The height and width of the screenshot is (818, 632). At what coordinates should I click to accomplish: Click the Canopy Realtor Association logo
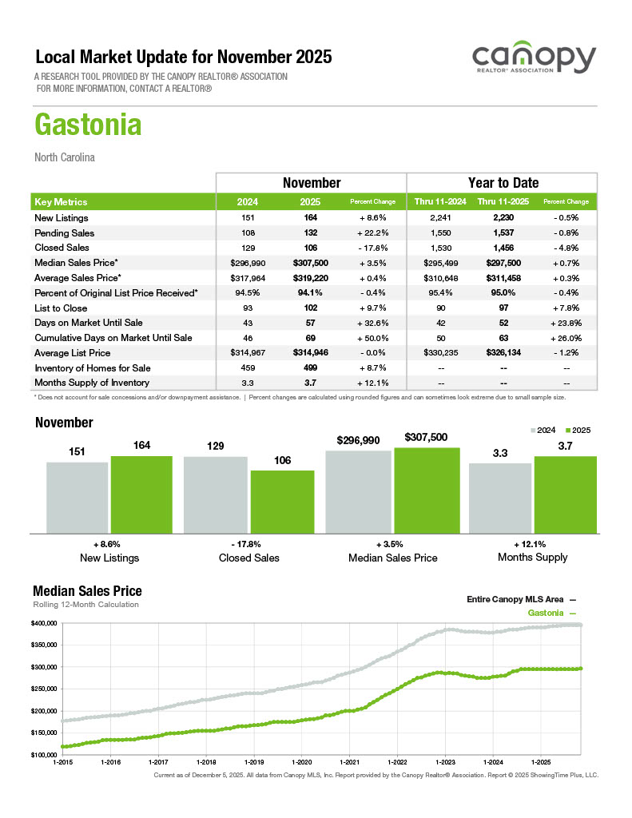[534, 61]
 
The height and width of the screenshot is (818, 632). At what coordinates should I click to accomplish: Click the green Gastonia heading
[88, 125]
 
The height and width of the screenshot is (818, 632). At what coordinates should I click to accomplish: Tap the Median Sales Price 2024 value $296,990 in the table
[247, 263]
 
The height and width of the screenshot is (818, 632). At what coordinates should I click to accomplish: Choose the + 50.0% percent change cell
[373, 338]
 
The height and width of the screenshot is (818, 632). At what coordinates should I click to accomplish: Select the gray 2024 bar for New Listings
[77, 497]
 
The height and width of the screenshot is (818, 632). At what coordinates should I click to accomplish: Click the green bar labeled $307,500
[427, 490]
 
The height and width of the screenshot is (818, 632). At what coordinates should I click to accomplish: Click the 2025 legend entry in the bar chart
[580, 430]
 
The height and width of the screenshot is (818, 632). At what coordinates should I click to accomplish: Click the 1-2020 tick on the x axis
[303, 763]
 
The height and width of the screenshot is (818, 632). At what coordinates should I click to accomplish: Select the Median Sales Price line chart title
[87, 591]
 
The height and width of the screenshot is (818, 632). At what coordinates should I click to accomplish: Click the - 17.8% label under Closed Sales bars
[249, 543]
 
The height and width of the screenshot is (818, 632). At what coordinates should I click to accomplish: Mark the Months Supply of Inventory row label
[92, 383]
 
